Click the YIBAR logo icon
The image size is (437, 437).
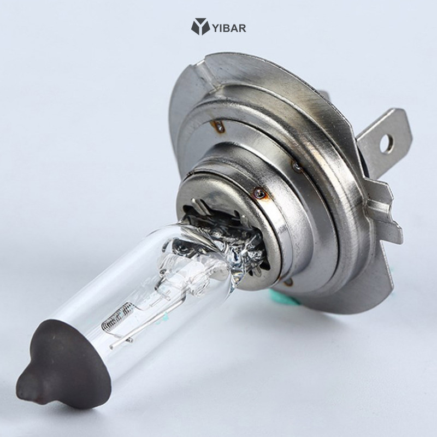point(200,26)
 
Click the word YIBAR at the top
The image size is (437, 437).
point(229,27)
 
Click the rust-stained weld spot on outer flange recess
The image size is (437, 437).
point(220,128)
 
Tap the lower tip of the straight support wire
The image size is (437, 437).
point(113,346)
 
